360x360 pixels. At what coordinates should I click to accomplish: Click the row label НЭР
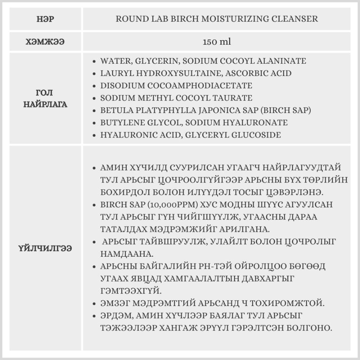[45, 19]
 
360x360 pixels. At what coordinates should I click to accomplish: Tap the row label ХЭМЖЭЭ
[45, 42]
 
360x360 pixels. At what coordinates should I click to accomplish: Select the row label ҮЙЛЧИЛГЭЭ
[45, 248]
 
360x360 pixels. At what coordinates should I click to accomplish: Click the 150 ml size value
[217, 42]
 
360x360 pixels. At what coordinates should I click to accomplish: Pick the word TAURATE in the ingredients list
[234, 98]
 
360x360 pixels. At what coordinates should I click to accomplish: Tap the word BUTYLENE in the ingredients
[122, 123]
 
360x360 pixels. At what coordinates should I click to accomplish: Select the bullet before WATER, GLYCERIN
[94, 61]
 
